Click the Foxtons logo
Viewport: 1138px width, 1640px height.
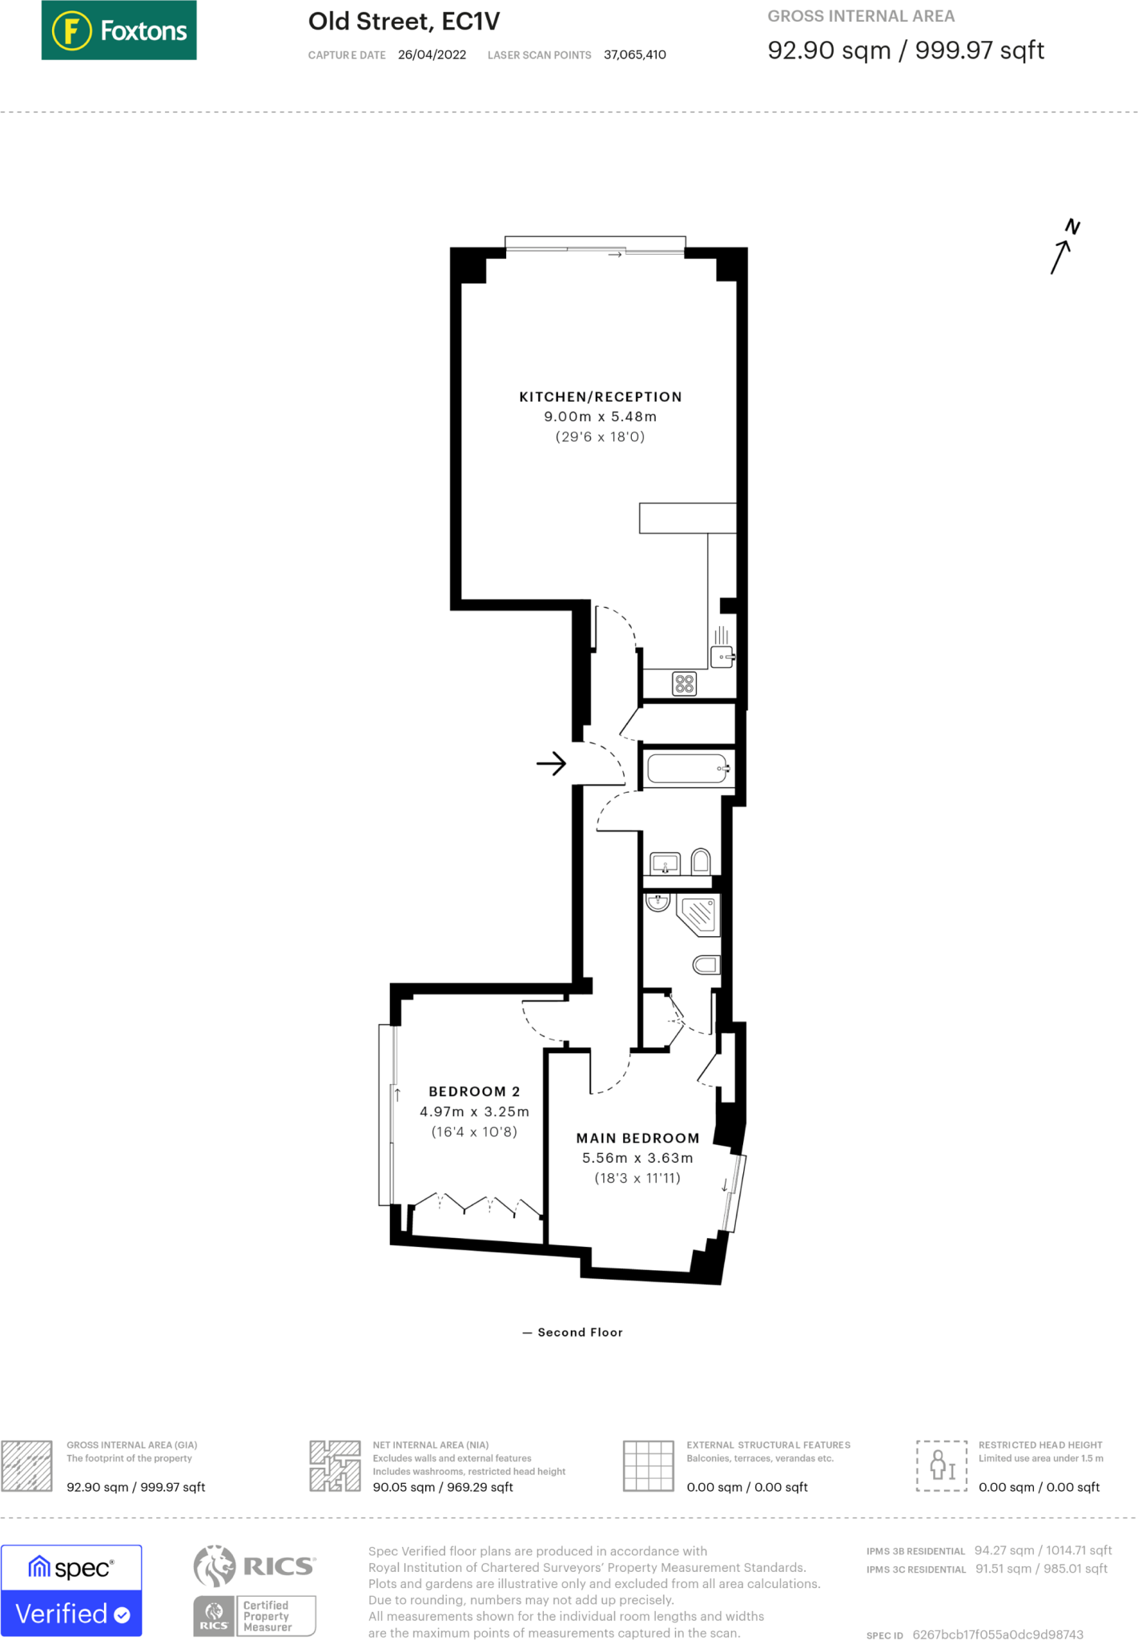pyautogui.click(x=119, y=30)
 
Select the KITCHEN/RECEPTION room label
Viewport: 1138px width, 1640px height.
pyautogui.click(x=600, y=397)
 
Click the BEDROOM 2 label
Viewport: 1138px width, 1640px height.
pyautogui.click(x=474, y=1091)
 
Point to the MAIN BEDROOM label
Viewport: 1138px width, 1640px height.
pyautogui.click(x=637, y=1138)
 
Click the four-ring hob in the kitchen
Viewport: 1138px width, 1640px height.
pyautogui.click(x=684, y=684)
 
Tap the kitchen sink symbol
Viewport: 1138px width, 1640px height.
pyautogui.click(x=722, y=657)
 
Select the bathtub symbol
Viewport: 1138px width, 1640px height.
pyautogui.click(x=688, y=769)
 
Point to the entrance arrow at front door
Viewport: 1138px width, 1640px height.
pyautogui.click(x=551, y=764)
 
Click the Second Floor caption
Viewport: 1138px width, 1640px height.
pyautogui.click(x=579, y=1332)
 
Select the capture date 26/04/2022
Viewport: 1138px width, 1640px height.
pyautogui.click(x=432, y=55)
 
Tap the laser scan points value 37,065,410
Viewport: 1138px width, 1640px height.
pyautogui.click(x=634, y=55)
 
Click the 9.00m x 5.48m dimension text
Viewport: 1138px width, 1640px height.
pyautogui.click(x=600, y=417)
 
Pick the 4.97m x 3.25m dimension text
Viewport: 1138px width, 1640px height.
pyautogui.click(x=474, y=1111)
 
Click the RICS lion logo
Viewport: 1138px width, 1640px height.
pyautogui.click(x=215, y=1566)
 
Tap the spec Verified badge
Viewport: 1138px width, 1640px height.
pyautogui.click(x=71, y=1590)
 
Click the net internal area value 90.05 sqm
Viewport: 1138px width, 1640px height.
pyautogui.click(x=442, y=1487)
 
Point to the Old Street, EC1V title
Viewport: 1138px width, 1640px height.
pyautogui.click(x=404, y=22)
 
